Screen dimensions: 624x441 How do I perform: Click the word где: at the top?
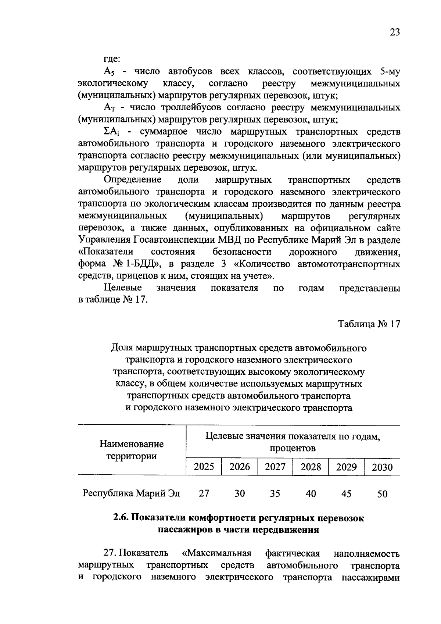pos(112,59)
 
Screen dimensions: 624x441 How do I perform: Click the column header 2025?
pos(204,467)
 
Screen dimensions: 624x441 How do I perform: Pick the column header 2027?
pos(275,467)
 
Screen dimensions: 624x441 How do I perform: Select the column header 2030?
pos(382,467)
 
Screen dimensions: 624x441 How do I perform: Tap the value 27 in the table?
pos(204,493)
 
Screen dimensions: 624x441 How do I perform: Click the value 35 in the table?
pos(275,493)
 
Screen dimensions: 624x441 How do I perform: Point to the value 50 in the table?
pos(382,494)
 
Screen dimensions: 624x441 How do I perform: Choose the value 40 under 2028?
pos(311,493)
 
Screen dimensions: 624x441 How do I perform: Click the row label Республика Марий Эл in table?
pos(132,493)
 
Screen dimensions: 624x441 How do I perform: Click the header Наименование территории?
pos(132,450)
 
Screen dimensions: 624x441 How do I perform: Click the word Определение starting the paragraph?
pos(133,180)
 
